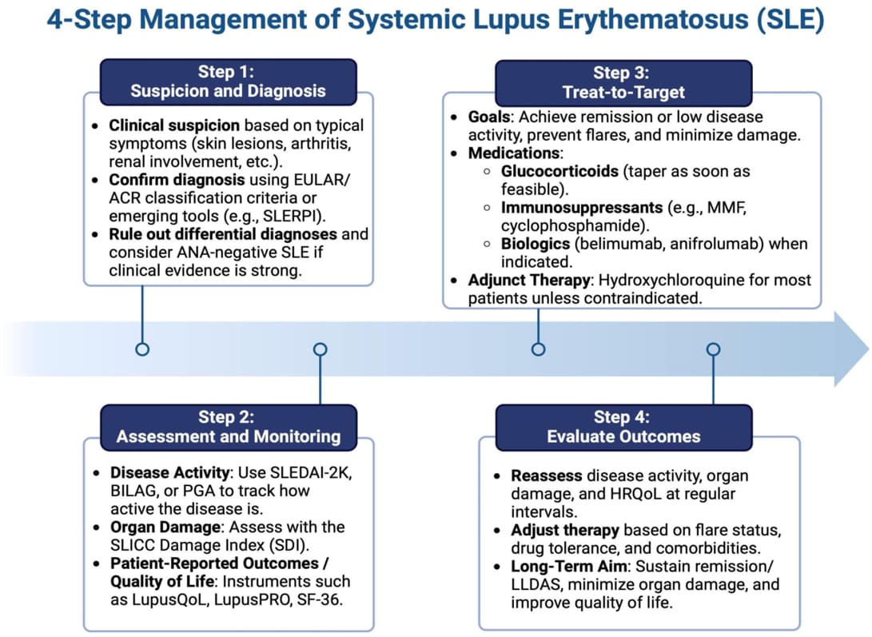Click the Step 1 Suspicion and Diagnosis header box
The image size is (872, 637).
point(228,82)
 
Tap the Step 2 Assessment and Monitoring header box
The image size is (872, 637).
point(228,427)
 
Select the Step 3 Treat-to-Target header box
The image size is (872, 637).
point(624,82)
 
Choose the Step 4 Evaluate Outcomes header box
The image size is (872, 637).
point(624,427)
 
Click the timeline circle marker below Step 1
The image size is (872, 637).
point(142,349)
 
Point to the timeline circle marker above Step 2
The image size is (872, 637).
point(320,349)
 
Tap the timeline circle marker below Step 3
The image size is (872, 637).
point(538,349)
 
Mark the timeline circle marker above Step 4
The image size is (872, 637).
point(714,349)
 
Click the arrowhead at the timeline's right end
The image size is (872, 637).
point(852,349)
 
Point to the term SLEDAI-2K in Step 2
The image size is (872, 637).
point(311,472)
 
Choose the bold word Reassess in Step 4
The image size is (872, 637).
point(547,476)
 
